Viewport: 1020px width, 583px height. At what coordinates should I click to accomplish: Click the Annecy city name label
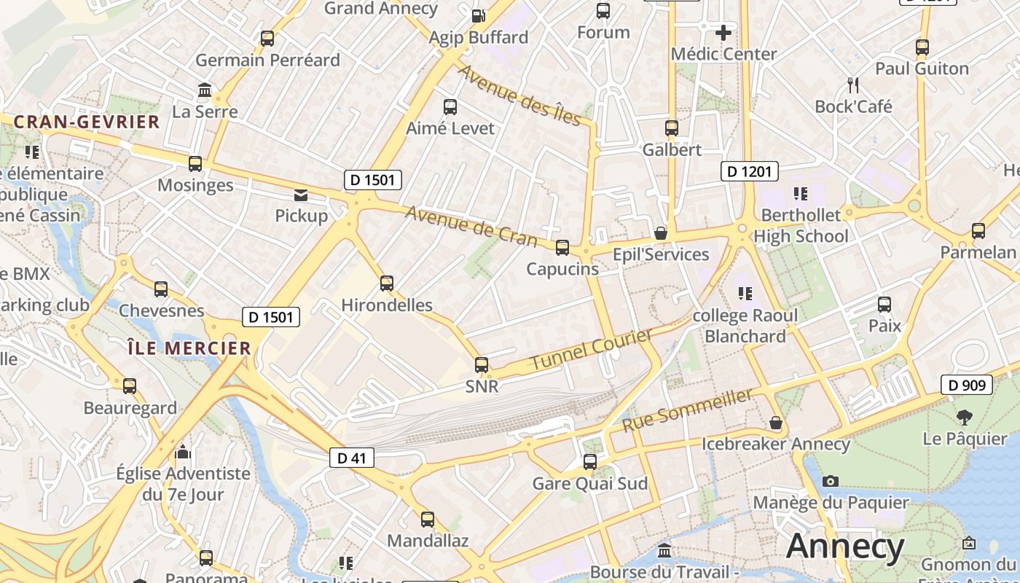845,547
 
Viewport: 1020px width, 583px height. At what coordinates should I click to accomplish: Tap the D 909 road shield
967,385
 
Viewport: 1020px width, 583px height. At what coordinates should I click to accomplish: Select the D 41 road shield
351,458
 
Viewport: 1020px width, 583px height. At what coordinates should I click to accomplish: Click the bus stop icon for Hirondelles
387,283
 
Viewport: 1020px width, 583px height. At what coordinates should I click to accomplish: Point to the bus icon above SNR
482,365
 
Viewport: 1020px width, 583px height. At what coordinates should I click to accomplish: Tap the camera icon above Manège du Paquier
830,481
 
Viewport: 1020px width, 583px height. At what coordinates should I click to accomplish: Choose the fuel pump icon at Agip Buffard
478,15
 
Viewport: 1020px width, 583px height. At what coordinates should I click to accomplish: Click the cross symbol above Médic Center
723,33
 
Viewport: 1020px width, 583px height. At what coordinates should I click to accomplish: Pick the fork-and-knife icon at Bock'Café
853,85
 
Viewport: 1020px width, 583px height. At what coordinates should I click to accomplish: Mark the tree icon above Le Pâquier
965,418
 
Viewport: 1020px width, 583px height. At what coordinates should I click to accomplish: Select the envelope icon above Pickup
300,195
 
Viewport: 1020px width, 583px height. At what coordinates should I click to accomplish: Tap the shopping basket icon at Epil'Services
660,233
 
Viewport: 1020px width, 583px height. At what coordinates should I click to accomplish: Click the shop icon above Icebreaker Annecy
776,423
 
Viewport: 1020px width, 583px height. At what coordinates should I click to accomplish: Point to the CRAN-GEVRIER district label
87,122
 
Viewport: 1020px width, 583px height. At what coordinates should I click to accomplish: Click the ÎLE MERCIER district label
189,348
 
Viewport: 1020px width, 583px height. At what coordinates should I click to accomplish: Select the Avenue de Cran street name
471,226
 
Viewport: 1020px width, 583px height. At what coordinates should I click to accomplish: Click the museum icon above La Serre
205,90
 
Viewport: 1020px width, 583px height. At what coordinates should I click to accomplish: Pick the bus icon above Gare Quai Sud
590,462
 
